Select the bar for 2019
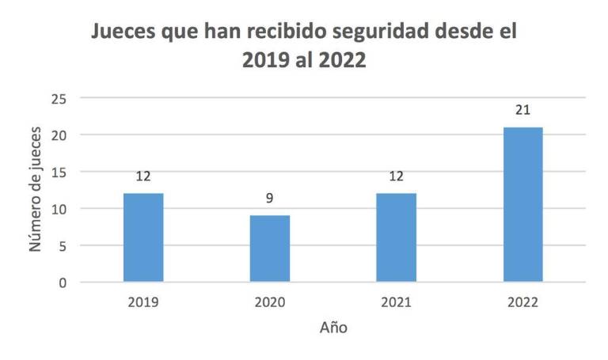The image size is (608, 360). pos(143,237)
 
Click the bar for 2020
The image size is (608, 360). pos(269,248)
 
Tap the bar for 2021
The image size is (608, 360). pos(396,237)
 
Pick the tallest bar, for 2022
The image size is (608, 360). pos(522,204)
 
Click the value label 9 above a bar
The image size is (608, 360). pos(269,198)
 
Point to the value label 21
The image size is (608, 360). pos(522,109)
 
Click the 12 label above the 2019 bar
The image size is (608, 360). pos(143,176)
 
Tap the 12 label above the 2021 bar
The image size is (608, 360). pos(396,176)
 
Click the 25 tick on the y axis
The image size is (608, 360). pos(59,98)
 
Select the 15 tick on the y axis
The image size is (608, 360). pos(59,172)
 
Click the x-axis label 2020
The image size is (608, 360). pos(269,303)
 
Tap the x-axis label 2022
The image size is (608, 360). pos(522,303)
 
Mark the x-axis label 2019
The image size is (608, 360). pos(143,303)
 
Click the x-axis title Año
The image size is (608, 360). pos(332,327)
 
